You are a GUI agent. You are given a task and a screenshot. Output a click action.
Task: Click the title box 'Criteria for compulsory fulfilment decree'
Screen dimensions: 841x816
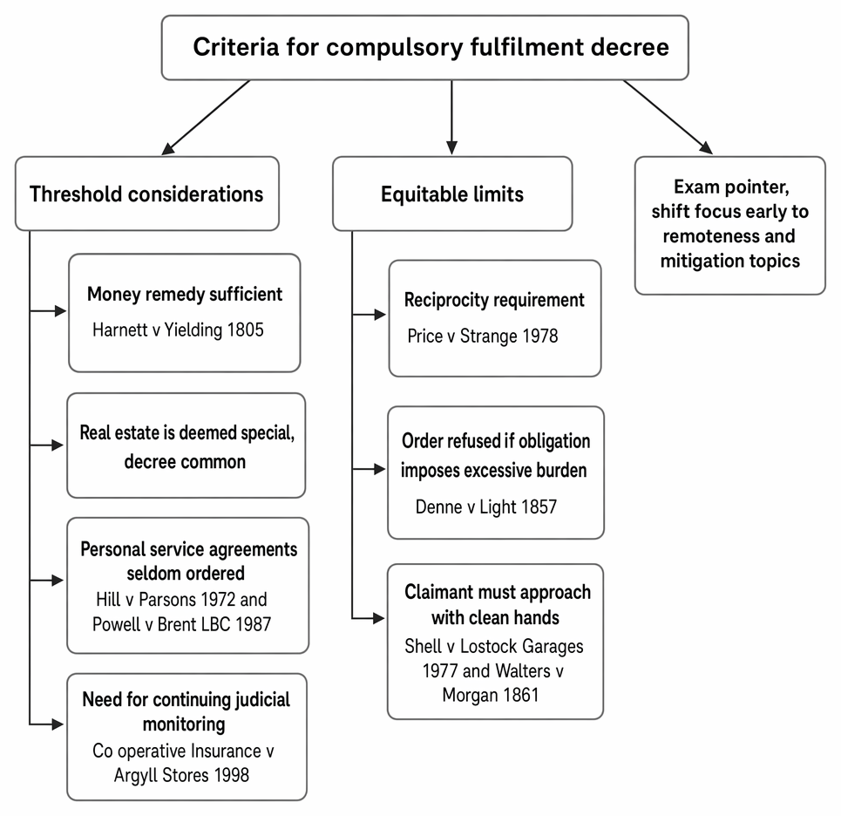click(424, 48)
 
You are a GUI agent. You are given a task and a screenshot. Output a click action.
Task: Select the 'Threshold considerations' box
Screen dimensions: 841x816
click(147, 194)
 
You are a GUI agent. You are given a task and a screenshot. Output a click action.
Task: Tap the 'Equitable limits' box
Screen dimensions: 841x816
click(452, 194)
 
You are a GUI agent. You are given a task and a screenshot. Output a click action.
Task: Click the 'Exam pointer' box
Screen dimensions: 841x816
click(730, 225)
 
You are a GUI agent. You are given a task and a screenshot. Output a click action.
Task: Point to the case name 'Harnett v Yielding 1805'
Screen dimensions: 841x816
click(178, 330)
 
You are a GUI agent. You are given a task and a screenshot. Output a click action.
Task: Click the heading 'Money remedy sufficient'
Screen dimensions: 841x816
click(185, 294)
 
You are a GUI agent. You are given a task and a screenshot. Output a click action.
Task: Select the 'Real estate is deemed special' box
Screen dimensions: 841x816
click(187, 445)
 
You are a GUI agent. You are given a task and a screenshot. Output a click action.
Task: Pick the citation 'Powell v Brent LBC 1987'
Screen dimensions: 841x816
click(182, 624)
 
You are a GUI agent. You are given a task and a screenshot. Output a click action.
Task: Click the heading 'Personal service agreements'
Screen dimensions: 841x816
click(189, 549)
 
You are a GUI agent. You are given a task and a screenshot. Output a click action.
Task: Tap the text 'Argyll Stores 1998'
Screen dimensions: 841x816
click(182, 775)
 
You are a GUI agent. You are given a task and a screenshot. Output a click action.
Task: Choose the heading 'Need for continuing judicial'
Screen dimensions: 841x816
click(187, 699)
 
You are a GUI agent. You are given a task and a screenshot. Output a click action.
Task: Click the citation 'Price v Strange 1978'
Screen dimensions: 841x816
click(483, 336)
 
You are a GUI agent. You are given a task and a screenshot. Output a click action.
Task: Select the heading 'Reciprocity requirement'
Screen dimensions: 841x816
click(494, 300)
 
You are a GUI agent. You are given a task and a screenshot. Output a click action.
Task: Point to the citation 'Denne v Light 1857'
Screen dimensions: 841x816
click(486, 507)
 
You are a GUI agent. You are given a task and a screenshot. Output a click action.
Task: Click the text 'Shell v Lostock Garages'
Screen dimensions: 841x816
click(494, 646)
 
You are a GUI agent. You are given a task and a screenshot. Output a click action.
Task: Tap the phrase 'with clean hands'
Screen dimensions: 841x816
click(495, 617)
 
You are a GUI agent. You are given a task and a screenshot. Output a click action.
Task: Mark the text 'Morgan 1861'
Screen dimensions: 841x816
click(491, 695)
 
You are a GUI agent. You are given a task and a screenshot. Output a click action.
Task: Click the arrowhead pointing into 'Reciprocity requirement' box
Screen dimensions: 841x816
click(380, 315)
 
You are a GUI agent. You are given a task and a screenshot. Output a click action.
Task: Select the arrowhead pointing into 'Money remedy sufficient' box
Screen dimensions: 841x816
click(60, 310)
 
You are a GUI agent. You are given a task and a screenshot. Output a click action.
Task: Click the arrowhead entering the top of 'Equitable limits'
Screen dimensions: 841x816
click(451, 148)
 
